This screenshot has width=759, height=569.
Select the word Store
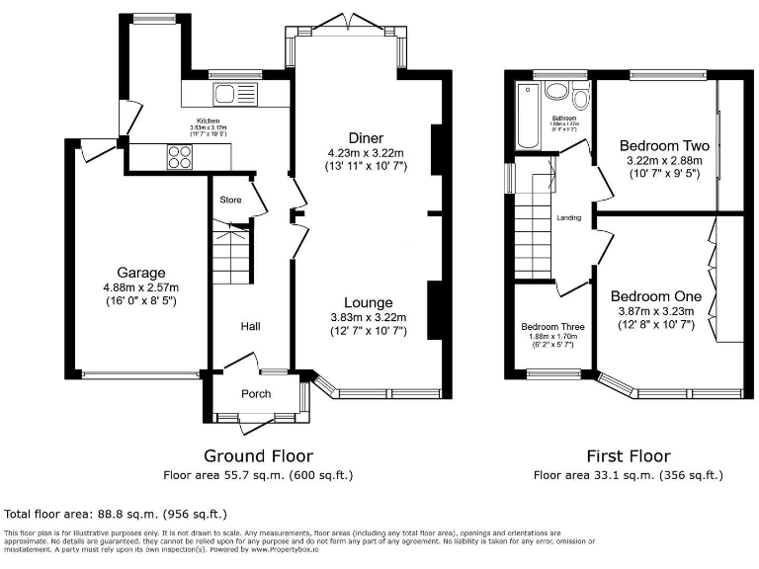(x=230, y=200)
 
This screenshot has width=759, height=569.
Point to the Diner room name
(x=366, y=137)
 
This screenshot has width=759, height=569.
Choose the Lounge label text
(x=368, y=302)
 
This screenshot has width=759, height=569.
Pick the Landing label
(x=568, y=218)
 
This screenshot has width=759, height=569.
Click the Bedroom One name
(x=655, y=296)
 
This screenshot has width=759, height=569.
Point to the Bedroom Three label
(x=552, y=327)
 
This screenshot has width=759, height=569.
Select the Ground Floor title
(x=258, y=455)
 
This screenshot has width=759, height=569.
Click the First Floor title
(x=629, y=455)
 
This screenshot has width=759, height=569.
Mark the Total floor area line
(x=117, y=514)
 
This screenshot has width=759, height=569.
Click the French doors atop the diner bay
(x=345, y=22)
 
